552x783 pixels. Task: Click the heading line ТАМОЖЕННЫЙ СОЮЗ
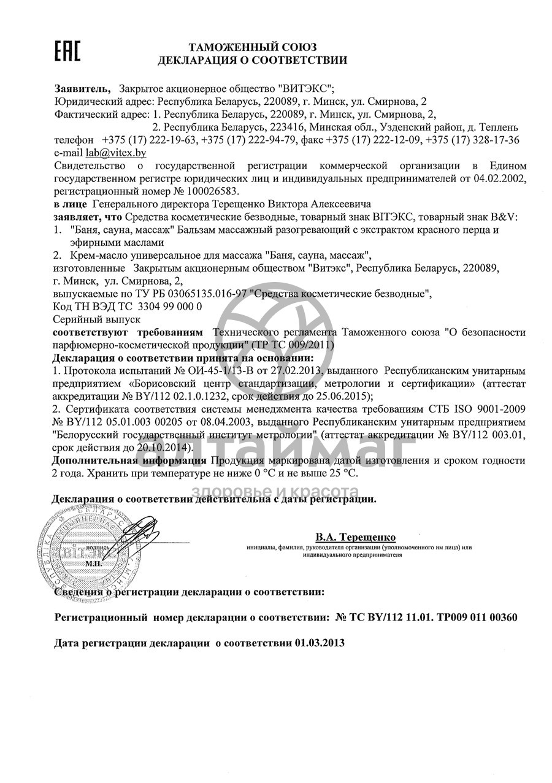click(x=252, y=47)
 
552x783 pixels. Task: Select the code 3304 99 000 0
click(x=170, y=306)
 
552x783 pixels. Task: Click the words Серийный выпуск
click(x=97, y=319)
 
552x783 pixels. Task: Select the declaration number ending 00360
click(x=426, y=617)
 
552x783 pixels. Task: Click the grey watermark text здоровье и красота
click(x=275, y=491)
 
